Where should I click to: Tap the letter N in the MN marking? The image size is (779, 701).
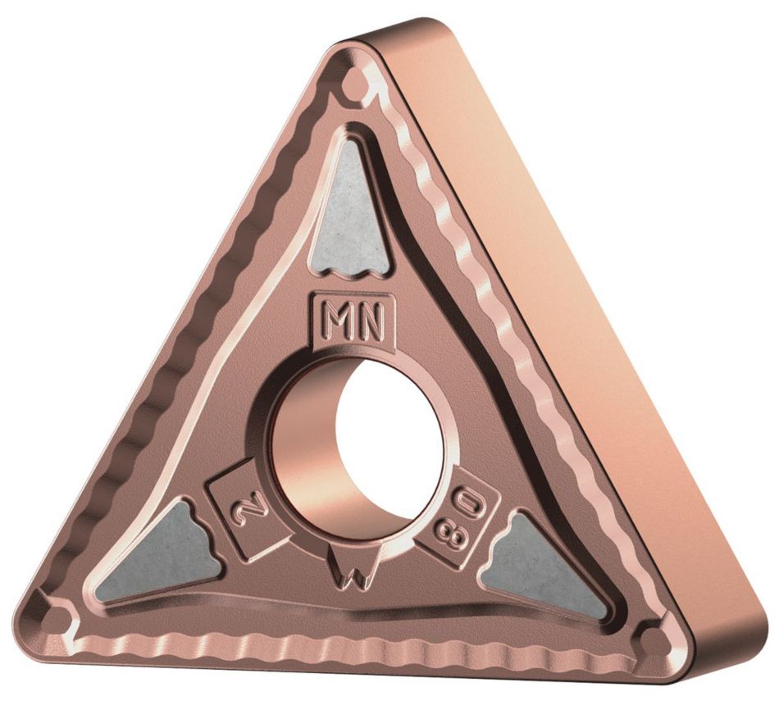(371, 322)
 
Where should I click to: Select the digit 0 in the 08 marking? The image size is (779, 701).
(467, 506)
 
